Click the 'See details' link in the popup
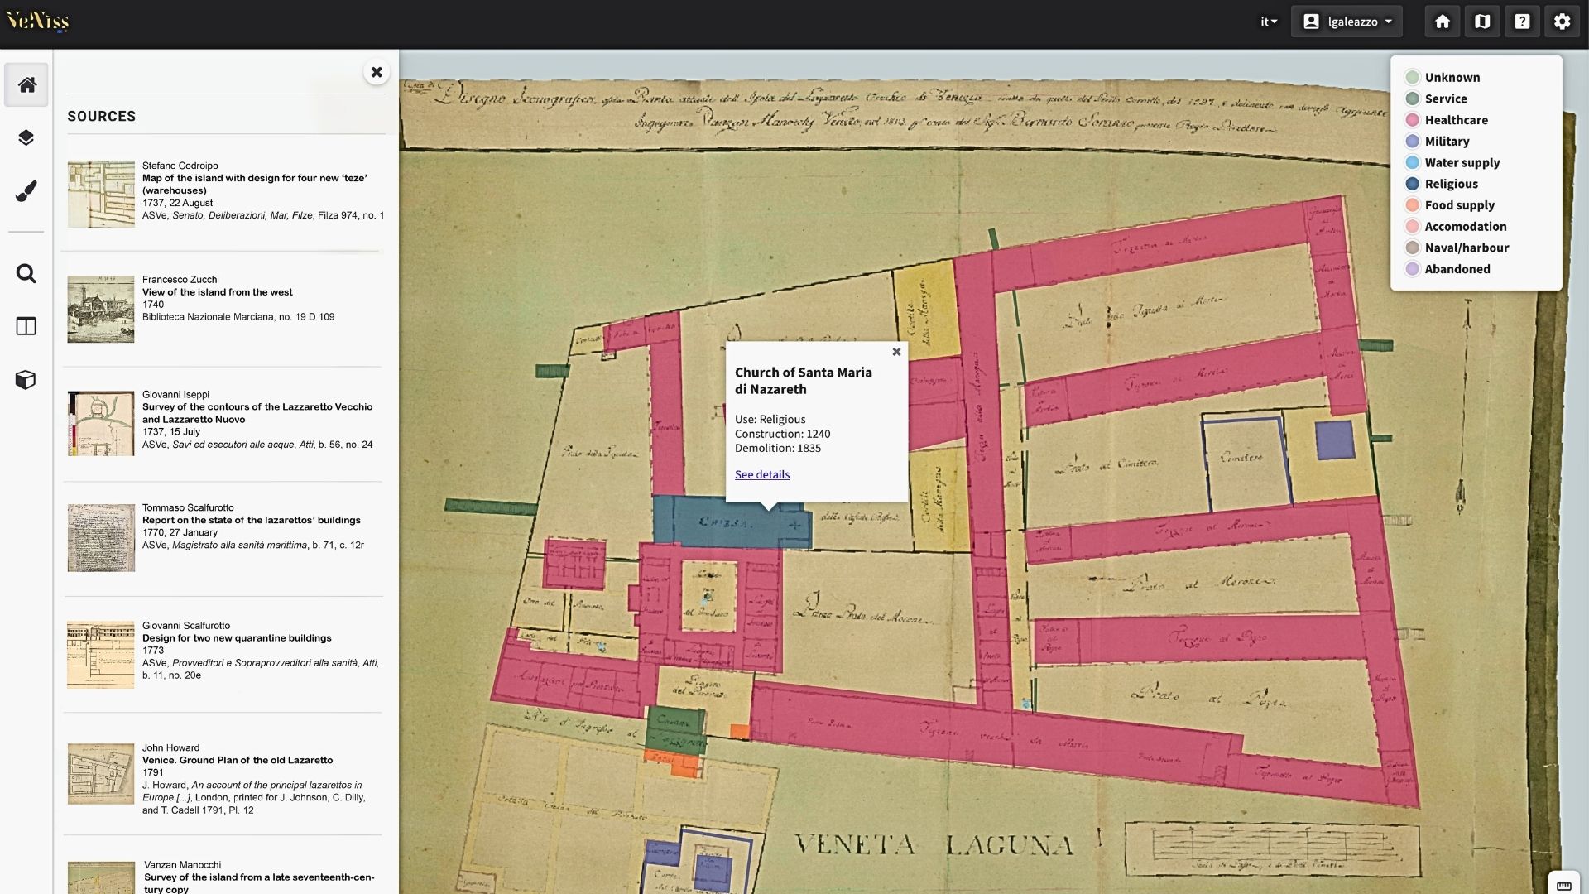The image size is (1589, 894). point(761,474)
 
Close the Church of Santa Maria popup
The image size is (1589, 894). point(896,352)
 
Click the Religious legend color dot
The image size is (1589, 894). point(1412,184)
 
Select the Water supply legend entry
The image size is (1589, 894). point(1462,163)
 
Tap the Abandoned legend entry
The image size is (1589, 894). point(1457,269)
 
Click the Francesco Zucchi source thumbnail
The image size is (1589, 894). point(101,310)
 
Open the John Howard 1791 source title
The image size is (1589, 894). point(238,760)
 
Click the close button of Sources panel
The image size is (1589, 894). point(377,72)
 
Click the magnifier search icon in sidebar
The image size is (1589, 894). point(26,274)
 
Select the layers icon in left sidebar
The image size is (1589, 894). point(26,137)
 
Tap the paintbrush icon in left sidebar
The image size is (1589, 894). point(26,191)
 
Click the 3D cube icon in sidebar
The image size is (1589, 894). point(26,380)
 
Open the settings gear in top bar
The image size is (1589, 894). point(1562,22)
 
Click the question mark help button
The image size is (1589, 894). point(1522,22)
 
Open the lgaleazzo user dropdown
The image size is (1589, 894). point(1347,22)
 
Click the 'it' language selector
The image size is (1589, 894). point(1268,22)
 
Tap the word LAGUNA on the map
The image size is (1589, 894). point(1010,845)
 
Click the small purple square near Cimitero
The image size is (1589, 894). point(1334,440)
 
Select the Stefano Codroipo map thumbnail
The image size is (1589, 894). point(101,195)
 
